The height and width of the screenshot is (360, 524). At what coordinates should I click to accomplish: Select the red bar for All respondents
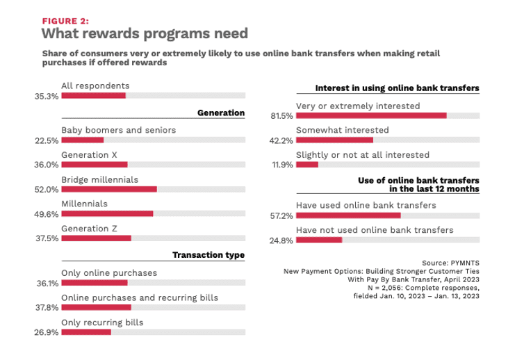(x=93, y=95)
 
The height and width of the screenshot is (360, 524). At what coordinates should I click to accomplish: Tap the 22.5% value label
(x=47, y=140)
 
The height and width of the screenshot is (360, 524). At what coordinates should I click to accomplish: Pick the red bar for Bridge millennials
(x=109, y=189)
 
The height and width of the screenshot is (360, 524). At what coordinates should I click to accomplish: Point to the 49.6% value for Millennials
(x=47, y=214)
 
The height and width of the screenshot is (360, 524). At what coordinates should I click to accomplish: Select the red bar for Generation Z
(x=96, y=238)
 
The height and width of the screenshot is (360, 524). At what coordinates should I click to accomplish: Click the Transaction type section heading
(x=208, y=255)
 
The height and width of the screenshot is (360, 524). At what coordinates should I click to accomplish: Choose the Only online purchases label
(x=109, y=273)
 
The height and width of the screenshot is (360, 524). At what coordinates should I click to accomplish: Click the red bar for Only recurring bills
(x=86, y=332)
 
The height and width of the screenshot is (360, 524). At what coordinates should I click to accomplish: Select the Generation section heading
(x=221, y=113)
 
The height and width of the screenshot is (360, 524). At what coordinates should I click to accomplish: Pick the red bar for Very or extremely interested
(x=371, y=115)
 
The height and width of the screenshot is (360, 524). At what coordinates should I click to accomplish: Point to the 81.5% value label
(x=281, y=116)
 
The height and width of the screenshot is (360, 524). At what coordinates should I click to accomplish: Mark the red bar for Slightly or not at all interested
(x=307, y=165)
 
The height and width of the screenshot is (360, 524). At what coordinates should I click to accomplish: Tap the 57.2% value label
(x=281, y=216)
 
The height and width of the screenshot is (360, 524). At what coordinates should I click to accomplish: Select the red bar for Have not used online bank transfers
(x=319, y=240)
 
